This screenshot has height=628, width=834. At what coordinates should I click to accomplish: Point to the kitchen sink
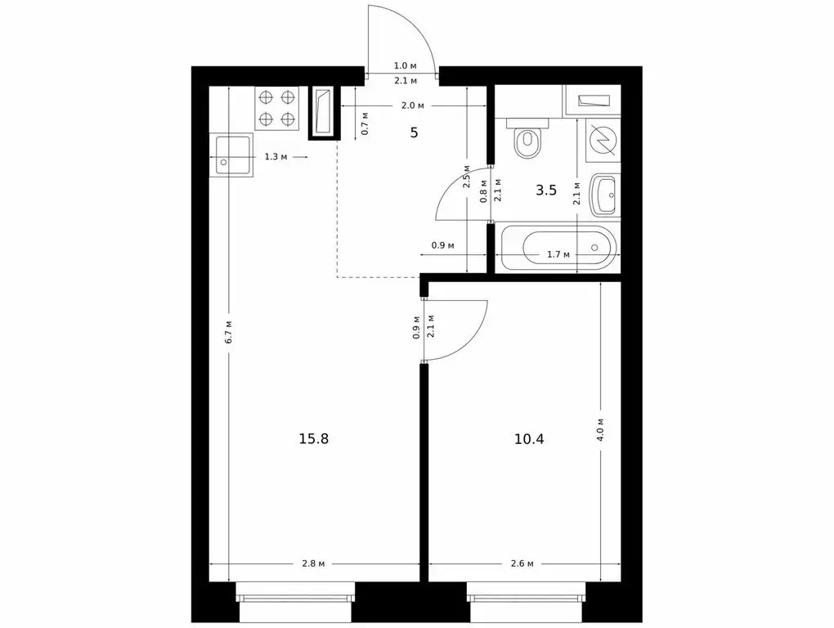point(232,155)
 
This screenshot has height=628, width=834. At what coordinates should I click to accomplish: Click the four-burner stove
point(276,108)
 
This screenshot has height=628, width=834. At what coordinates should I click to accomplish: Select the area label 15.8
point(314,438)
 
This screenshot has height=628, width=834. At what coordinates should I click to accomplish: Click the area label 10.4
point(529,438)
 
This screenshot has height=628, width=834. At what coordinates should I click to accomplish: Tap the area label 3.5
point(545,191)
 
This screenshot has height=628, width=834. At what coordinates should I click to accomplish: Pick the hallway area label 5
point(414,132)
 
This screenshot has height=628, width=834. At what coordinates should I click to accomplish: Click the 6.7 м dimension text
point(229,330)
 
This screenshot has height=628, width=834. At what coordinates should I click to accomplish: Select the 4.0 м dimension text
point(601,428)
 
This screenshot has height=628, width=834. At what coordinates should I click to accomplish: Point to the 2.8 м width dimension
point(314,564)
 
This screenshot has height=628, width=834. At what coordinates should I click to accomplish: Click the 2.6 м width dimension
point(522,564)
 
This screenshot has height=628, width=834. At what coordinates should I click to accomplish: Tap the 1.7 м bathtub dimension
point(558,254)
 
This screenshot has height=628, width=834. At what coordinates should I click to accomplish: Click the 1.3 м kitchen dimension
point(275,156)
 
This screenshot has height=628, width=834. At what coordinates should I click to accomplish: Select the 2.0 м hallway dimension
point(412,105)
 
